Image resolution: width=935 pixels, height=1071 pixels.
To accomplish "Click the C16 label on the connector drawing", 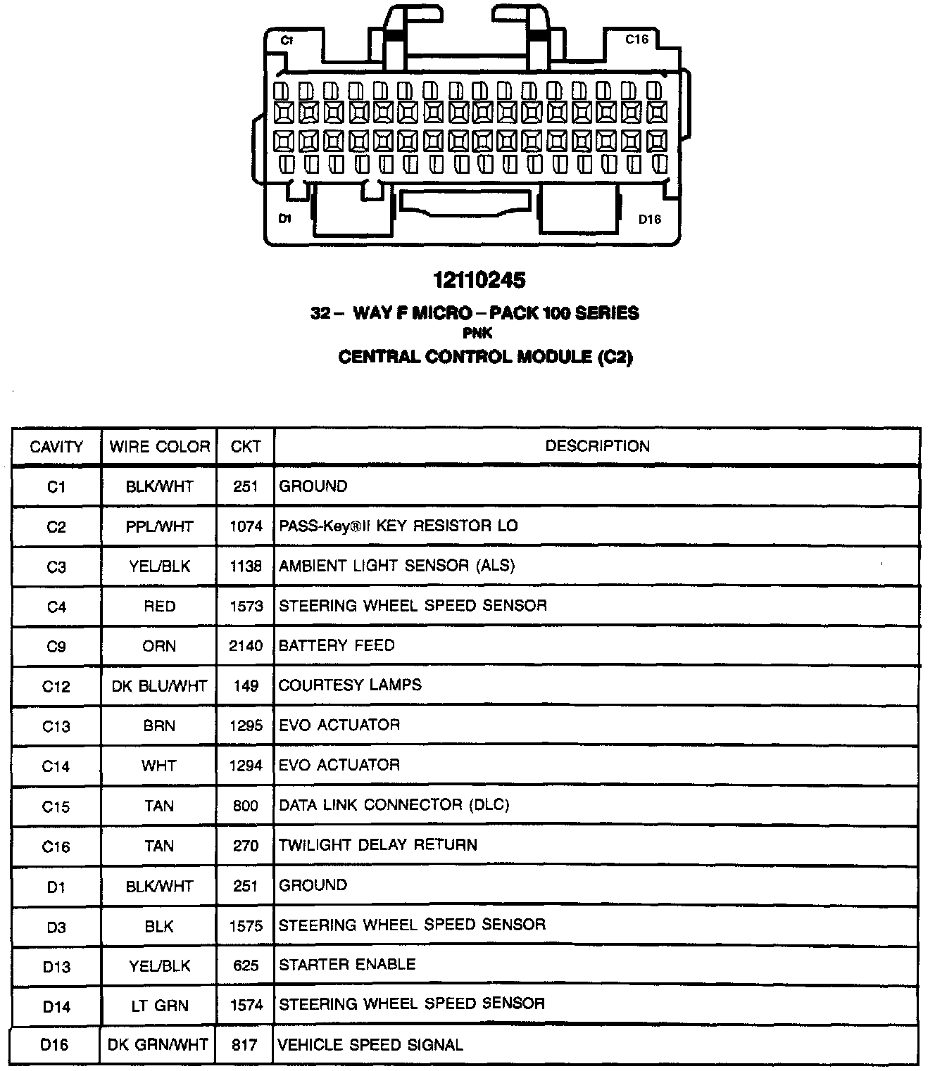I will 636,39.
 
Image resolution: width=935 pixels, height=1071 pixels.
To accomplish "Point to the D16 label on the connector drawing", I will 649,220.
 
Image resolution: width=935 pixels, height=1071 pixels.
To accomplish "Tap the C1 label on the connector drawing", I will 287,41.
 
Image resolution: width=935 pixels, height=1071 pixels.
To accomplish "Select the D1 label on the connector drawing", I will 284,219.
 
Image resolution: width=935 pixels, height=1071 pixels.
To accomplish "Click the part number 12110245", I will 479,280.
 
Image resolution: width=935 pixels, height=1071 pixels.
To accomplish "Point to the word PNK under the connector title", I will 477,334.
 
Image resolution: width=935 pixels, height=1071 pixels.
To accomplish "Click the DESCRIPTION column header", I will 597,446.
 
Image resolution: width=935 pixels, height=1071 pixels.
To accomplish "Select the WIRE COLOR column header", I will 160,447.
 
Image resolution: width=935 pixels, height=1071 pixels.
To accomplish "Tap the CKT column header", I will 245,447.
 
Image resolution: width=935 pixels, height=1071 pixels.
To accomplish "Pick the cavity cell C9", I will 56,646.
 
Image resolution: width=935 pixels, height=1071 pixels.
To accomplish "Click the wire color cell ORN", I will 159,646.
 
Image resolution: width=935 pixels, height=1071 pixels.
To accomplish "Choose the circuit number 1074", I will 246,526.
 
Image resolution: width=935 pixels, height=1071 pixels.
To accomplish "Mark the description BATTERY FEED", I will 337,645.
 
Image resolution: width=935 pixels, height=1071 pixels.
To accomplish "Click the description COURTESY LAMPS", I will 350,685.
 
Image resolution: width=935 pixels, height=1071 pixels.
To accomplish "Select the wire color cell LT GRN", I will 159,1006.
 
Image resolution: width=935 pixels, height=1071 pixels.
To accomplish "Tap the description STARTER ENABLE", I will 347,965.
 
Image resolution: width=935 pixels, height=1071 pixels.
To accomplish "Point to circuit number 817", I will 245,1045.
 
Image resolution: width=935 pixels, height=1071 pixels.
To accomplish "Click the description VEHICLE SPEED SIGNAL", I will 371,1045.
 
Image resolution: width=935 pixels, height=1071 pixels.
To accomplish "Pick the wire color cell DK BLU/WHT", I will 159,686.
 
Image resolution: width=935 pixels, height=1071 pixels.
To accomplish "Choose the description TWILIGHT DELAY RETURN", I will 378,845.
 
